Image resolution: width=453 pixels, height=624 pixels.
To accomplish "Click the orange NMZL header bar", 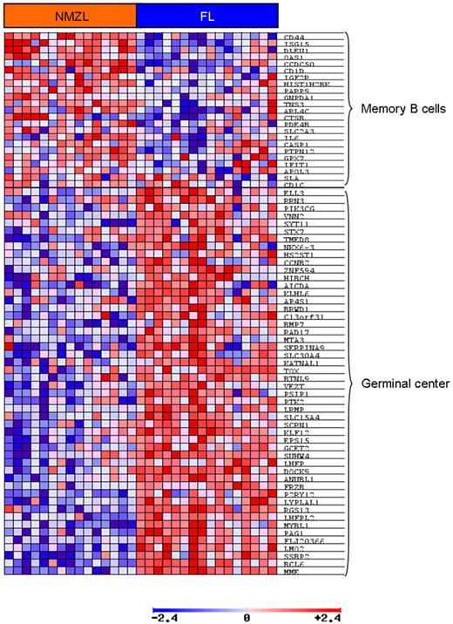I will tap(69, 15).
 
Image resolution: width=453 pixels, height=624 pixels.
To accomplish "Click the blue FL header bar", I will tap(207, 15).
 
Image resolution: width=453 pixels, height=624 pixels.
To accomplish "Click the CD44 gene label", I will tap(294, 38).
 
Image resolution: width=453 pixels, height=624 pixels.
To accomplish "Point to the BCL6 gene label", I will tap(294, 564).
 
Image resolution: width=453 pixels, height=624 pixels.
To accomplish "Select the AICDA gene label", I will tap(297, 287).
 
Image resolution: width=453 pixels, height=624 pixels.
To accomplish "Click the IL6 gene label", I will tap(291, 139).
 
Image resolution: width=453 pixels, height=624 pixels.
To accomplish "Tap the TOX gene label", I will tap(291, 370).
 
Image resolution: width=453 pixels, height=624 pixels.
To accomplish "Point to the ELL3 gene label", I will tap(294, 192).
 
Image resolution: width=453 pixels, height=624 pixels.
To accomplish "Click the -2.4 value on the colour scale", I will tap(166, 617).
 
